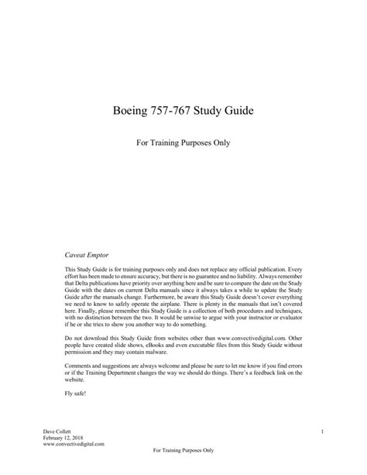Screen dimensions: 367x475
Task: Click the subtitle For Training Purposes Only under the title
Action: click(x=184, y=143)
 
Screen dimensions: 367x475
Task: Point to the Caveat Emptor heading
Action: click(x=86, y=253)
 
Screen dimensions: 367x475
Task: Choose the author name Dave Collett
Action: click(x=56, y=430)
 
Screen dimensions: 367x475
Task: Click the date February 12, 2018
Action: click(x=61, y=438)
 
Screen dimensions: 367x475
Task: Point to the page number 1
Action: click(x=321, y=430)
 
